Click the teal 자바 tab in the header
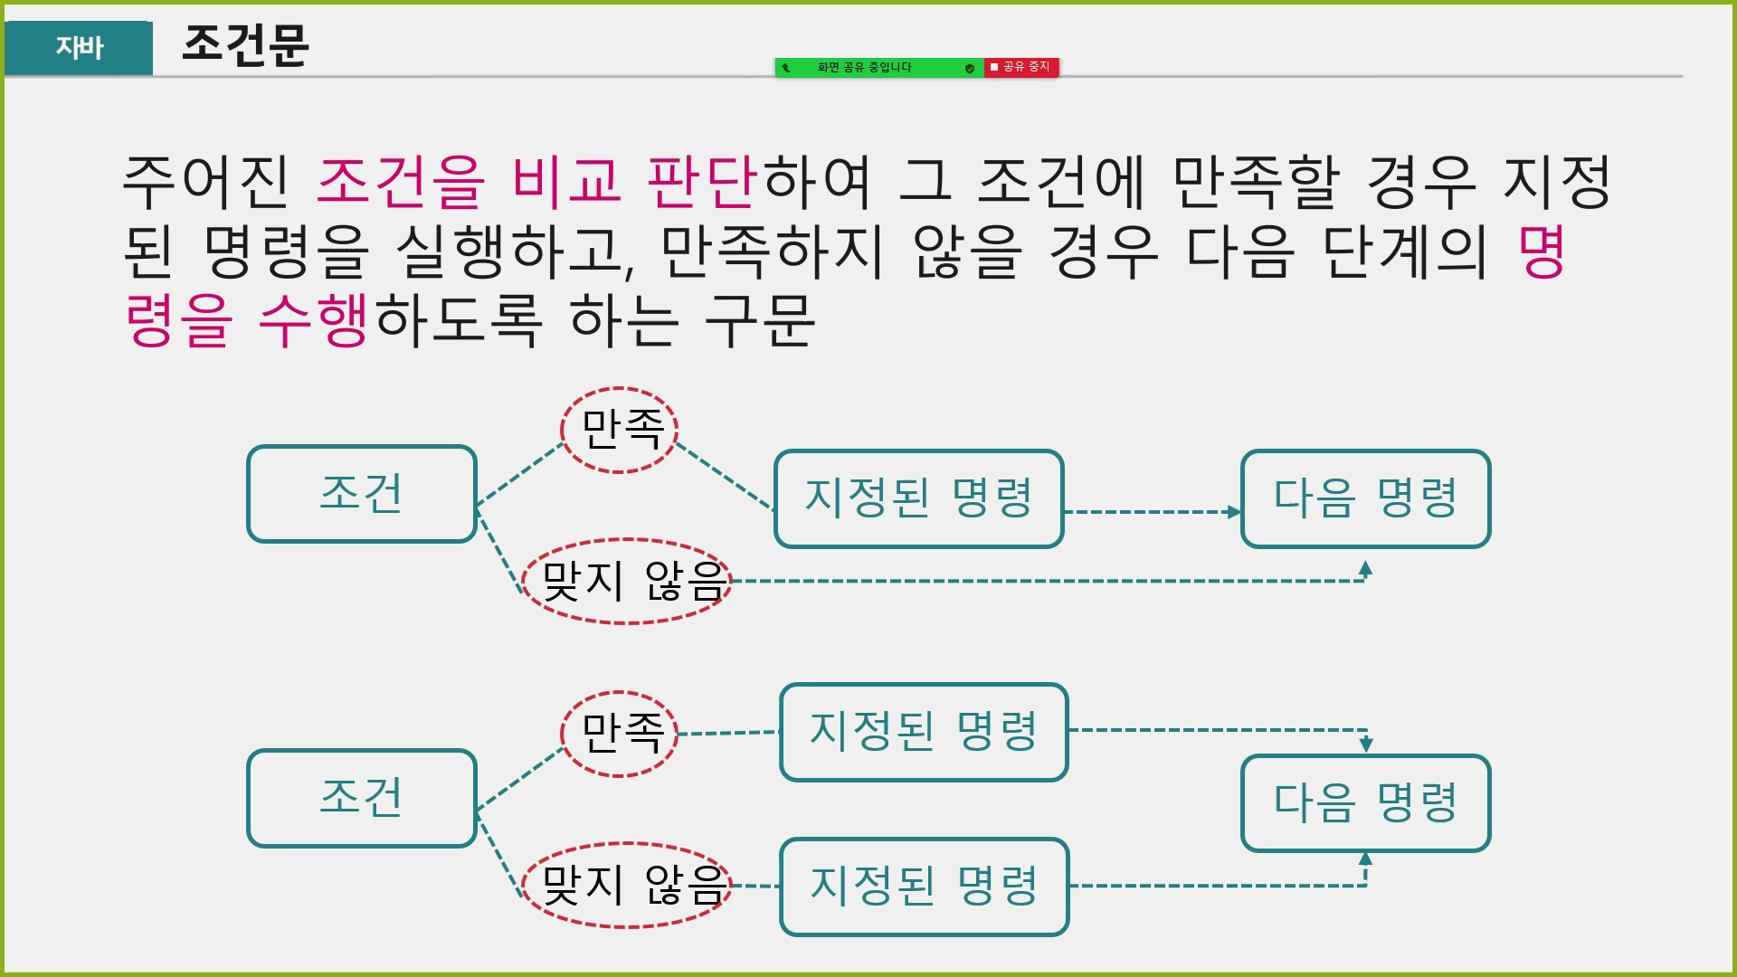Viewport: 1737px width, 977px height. tap(79, 47)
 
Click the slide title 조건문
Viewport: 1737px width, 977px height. tap(245, 44)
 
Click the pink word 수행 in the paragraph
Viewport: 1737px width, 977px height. tap(313, 320)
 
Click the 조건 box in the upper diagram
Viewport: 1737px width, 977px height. tap(362, 494)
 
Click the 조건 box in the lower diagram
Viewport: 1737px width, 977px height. tap(362, 798)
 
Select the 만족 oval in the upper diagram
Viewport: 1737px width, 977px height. tap(620, 430)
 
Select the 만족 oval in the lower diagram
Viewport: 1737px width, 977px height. tap(620, 734)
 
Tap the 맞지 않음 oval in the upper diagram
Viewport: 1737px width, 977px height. tap(627, 581)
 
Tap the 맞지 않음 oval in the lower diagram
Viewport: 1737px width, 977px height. tap(627, 885)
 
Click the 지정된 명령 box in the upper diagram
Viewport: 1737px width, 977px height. tap(918, 498)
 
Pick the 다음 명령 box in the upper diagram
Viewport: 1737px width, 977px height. tap(1365, 498)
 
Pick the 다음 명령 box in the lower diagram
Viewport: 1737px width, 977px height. tap(1365, 802)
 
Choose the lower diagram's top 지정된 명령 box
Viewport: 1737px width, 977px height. tap(924, 732)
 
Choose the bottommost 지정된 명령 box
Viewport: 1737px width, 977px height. tap(924, 887)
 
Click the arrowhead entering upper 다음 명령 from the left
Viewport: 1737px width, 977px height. tap(1234, 512)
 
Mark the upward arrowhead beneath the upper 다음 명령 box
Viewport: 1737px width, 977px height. tap(1365, 568)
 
